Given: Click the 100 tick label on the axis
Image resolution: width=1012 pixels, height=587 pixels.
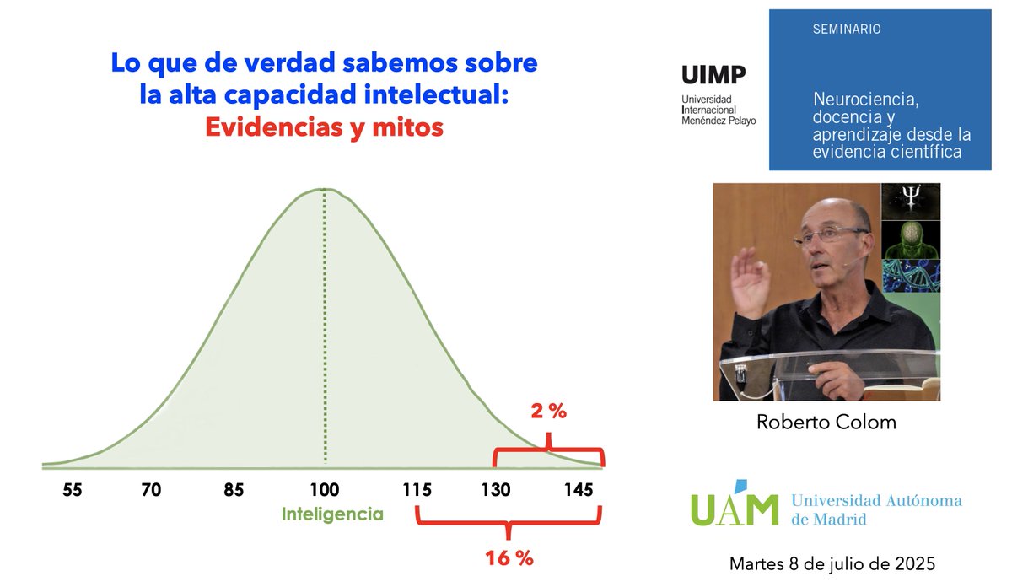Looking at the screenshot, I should [x=324, y=489].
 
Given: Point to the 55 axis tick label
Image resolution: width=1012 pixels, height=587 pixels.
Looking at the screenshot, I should [x=72, y=489].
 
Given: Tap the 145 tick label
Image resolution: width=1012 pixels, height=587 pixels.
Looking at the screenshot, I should [x=579, y=489].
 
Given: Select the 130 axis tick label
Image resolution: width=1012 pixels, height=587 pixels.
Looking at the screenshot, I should [x=496, y=489].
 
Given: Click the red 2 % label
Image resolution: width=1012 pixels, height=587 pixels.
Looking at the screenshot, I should [x=548, y=412].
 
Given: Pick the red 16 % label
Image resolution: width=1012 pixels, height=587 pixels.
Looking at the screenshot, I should [x=509, y=557].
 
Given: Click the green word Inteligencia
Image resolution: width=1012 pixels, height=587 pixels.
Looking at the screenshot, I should [x=332, y=514].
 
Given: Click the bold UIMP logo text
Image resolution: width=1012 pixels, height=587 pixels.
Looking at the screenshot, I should [x=713, y=76].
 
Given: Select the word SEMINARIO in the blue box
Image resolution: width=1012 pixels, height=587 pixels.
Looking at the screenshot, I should [x=847, y=30].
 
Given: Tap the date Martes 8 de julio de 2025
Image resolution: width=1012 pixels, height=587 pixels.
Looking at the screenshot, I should [x=832, y=563].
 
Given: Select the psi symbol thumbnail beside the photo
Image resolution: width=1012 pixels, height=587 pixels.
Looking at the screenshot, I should [x=910, y=202].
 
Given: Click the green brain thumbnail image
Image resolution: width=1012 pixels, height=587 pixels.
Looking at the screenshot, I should [x=910, y=240].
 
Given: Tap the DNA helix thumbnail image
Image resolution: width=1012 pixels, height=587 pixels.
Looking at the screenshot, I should [x=910, y=276].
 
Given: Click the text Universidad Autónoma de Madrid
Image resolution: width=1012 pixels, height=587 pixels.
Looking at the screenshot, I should [x=875, y=509].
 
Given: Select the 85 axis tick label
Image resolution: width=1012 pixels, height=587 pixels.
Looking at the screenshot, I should [x=234, y=489].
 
